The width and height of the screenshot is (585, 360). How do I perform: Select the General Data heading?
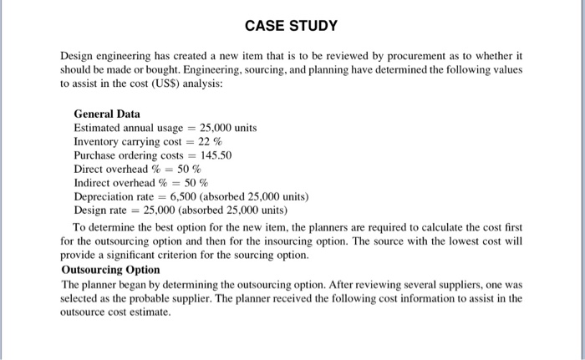pyautogui.click(x=107, y=114)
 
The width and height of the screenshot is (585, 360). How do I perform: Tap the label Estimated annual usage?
pyautogui.click(x=128, y=128)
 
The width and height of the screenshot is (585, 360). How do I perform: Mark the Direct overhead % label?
pyautogui.click(x=119, y=169)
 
